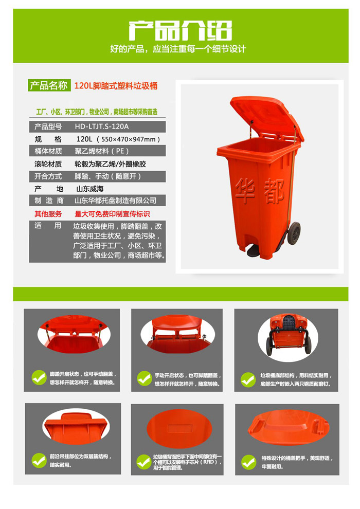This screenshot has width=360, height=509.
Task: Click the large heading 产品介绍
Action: pyautogui.click(x=180, y=30)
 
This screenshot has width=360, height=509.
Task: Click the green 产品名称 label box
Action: pyautogui.click(x=49, y=85)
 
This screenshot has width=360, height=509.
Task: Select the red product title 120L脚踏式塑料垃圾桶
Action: pyautogui.click(x=116, y=86)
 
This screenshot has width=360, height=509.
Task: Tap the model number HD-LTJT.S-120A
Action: pyautogui.click(x=102, y=126)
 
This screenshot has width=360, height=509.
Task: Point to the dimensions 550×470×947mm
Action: pyautogui.click(x=129, y=139)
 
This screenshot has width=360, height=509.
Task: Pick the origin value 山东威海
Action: pyautogui.click(x=90, y=189)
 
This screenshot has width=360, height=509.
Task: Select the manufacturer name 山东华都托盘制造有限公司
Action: pyautogui.click(x=116, y=201)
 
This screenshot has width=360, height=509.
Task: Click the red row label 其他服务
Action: pyautogui.click(x=48, y=214)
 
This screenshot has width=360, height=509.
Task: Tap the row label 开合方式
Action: pyautogui.click(x=48, y=176)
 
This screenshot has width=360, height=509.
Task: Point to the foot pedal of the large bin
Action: pyautogui.click(x=255, y=251)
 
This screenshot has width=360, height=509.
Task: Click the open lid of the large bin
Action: pyautogui.click(x=267, y=117)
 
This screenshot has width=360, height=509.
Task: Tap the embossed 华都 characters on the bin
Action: pyautogui.click(x=260, y=192)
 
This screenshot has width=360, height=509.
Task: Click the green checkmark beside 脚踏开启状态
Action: pyautogui.click(x=39, y=377)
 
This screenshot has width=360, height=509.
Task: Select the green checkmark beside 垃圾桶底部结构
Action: pyautogui.click(x=248, y=379)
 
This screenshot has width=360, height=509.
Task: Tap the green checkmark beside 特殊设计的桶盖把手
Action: pyautogui.click(x=248, y=462)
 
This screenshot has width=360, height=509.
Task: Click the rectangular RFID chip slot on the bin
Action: pyautogui.click(x=180, y=428)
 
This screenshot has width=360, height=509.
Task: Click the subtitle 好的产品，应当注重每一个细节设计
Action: pyautogui.click(x=178, y=49)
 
